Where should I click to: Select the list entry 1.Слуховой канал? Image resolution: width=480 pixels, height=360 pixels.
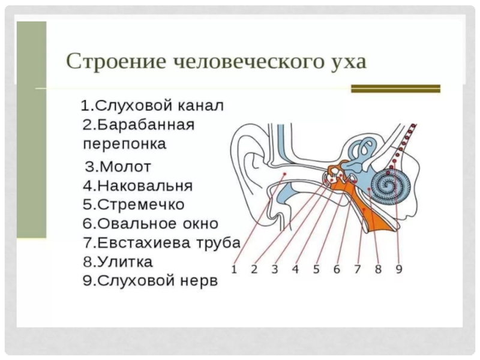coord(152,107)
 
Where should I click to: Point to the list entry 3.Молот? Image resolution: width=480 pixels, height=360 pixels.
coord(118,166)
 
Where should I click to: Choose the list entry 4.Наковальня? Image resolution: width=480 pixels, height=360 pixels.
coord(138,184)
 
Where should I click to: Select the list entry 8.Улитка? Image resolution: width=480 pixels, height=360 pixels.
coord(118,262)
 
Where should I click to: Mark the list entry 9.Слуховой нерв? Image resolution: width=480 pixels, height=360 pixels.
coord(149,281)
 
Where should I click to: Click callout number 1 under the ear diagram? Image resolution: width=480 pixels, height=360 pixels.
coord(234,269)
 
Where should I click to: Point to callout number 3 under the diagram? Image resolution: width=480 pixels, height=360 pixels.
coord(274,269)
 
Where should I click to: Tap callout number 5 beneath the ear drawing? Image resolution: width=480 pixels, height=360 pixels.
coord(316,269)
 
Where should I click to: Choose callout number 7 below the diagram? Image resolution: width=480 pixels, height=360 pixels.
coord(357,269)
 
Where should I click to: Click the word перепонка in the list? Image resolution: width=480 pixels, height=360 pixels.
coord(125,145)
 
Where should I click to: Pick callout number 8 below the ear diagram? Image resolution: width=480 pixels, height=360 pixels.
coord(378,269)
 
